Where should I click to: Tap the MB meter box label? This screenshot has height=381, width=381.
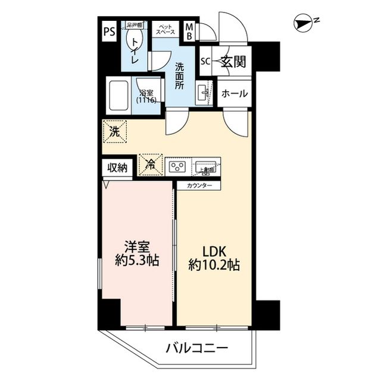click(x=189, y=32)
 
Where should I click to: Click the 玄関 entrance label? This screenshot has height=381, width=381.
click(x=233, y=61)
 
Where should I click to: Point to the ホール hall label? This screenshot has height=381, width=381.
click(x=235, y=94)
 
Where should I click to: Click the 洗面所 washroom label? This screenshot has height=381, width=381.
click(x=179, y=75)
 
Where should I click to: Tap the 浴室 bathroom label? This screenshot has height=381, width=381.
click(x=146, y=97)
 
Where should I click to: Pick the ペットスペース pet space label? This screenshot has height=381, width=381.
click(x=166, y=29)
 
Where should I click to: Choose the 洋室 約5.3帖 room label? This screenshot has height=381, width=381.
click(x=136, y=254)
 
